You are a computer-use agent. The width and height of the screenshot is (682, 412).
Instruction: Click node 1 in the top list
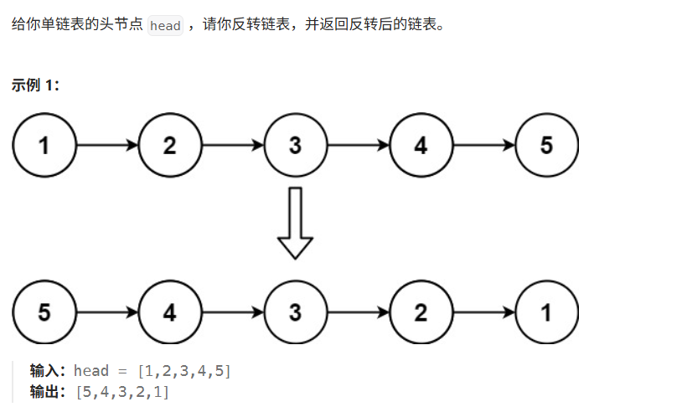[x=44, y=145]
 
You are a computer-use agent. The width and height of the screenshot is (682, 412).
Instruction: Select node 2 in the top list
[x=170, y=145]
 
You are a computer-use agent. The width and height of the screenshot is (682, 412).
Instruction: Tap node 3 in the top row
[x=295, y=145]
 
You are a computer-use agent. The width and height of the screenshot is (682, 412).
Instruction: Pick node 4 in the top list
[x=421, y=145]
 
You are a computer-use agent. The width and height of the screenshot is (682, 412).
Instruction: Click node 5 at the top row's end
[x=546, y=145]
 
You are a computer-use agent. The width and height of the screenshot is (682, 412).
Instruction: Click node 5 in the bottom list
[x=44, y=312]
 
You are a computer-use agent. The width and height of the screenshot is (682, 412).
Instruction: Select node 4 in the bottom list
[x=170, y=312]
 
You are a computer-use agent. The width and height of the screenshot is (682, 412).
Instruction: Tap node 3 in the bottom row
[x=295, y=312]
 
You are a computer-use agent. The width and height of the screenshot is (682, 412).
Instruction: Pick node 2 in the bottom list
[x=421, y=312]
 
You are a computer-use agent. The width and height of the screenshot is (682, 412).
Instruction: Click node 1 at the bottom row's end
[x=546, y=312]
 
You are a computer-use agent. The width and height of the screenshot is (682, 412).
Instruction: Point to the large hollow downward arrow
[x=295, y=224]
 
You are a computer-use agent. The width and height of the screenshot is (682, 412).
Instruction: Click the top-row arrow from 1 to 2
[x=107, y=145]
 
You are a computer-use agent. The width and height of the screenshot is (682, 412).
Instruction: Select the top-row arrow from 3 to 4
[x=358, y=145]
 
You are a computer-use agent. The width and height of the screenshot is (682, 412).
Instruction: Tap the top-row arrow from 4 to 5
[x=483, y=145]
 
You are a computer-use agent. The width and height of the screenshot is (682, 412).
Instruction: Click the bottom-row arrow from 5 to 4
[x=107, y=312]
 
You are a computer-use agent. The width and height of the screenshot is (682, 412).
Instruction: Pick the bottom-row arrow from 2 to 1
[x=483, y=312]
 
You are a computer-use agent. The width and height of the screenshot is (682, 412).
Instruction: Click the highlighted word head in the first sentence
[x=165, y=25]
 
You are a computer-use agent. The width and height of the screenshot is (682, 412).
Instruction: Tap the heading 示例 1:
[x=35, y=85]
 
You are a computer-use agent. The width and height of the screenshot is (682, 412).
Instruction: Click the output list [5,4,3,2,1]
[x=122, y=391]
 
